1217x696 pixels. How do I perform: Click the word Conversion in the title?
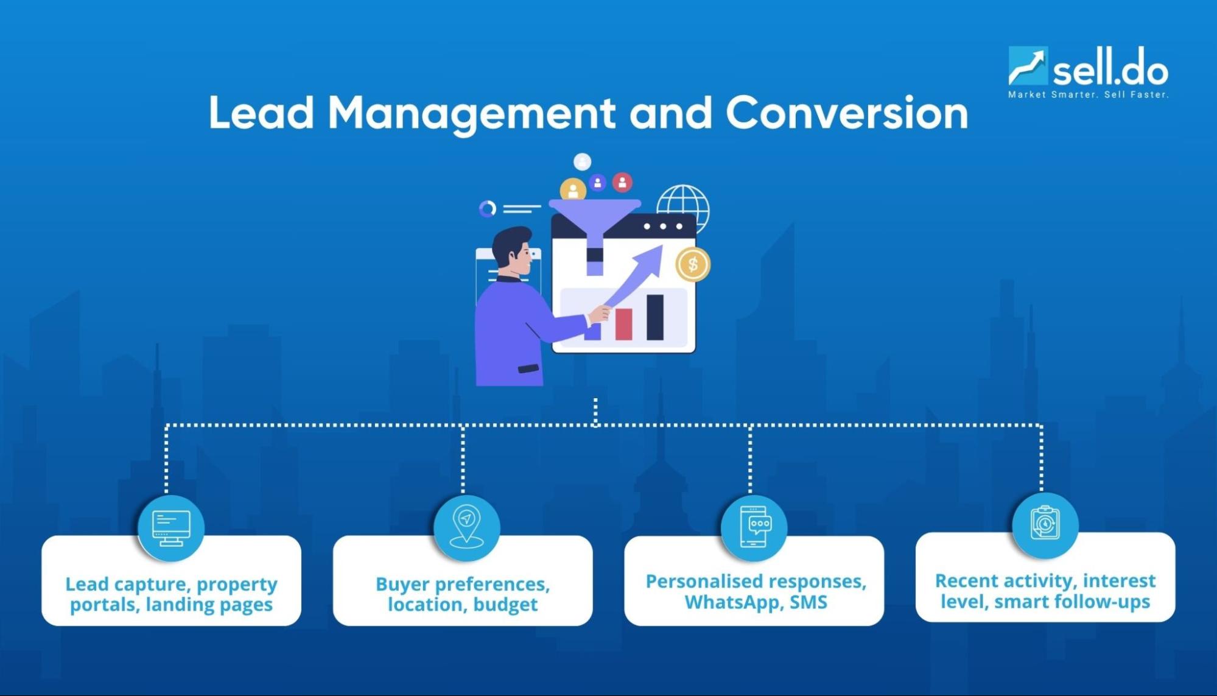point(846,113)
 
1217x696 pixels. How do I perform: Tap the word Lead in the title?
point(261,113)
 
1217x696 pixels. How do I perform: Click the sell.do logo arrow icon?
point(1028,66)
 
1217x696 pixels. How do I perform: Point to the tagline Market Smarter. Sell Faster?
point(1088,95)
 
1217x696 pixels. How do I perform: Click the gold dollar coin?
point(693,264)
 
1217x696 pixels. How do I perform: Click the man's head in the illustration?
point(514,250)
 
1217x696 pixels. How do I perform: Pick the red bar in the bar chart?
point(623,323)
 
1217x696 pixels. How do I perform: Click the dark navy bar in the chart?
point(655,317)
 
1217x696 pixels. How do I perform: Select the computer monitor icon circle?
point(171,528)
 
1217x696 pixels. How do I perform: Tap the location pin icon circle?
point(466,527)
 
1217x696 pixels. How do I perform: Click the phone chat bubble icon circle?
point(754,527)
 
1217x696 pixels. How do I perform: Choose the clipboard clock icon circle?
point(1045,524)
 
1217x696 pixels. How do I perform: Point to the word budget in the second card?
point(505,605)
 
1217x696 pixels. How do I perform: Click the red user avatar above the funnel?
point(622,182)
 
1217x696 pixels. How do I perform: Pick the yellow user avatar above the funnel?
point(573,190)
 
